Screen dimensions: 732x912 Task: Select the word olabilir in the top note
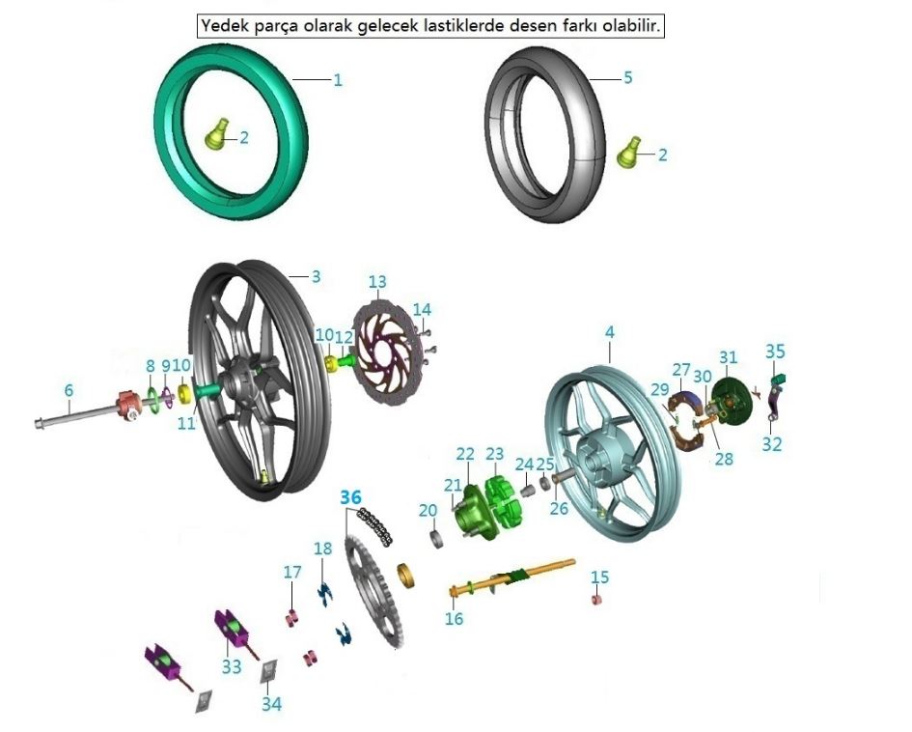pyautogui.click(x=631, y=26)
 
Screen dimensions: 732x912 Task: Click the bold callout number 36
pyautogui.click(x=350, y=497)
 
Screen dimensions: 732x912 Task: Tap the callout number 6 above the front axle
pyautogui.click(x=69, y=390)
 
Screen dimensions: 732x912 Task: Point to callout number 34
pyautogui.click(x=272, y=704)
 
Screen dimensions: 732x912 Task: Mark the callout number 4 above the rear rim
pyautogui.click(x=609, y=332)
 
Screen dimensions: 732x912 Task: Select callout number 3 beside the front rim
pyautogui.click(x=316, y=276)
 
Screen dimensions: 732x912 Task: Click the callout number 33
pyautogui.click(x=232, y=666)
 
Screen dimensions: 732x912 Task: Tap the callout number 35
pyautogui.click(x=776, y=351)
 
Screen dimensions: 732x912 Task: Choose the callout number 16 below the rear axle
pyautogui.click(x=455, y=619)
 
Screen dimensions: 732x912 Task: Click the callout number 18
pyautogui.click(x=322, y=549)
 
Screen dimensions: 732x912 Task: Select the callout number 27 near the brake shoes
pyautogui.click(x=681, y=370)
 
